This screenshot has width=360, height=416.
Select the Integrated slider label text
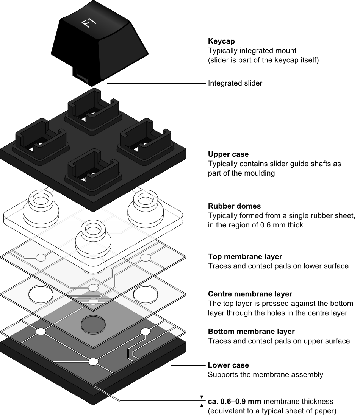pos(235,83)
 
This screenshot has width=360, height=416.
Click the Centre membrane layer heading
pos(250,294)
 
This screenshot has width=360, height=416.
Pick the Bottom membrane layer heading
pos(251,331)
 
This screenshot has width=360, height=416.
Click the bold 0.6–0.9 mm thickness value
pos(233,401)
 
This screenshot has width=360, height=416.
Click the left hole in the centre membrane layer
pos(41,294)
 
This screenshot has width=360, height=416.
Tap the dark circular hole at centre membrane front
pos(93,324)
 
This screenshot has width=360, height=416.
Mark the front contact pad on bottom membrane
pos(93,362)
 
